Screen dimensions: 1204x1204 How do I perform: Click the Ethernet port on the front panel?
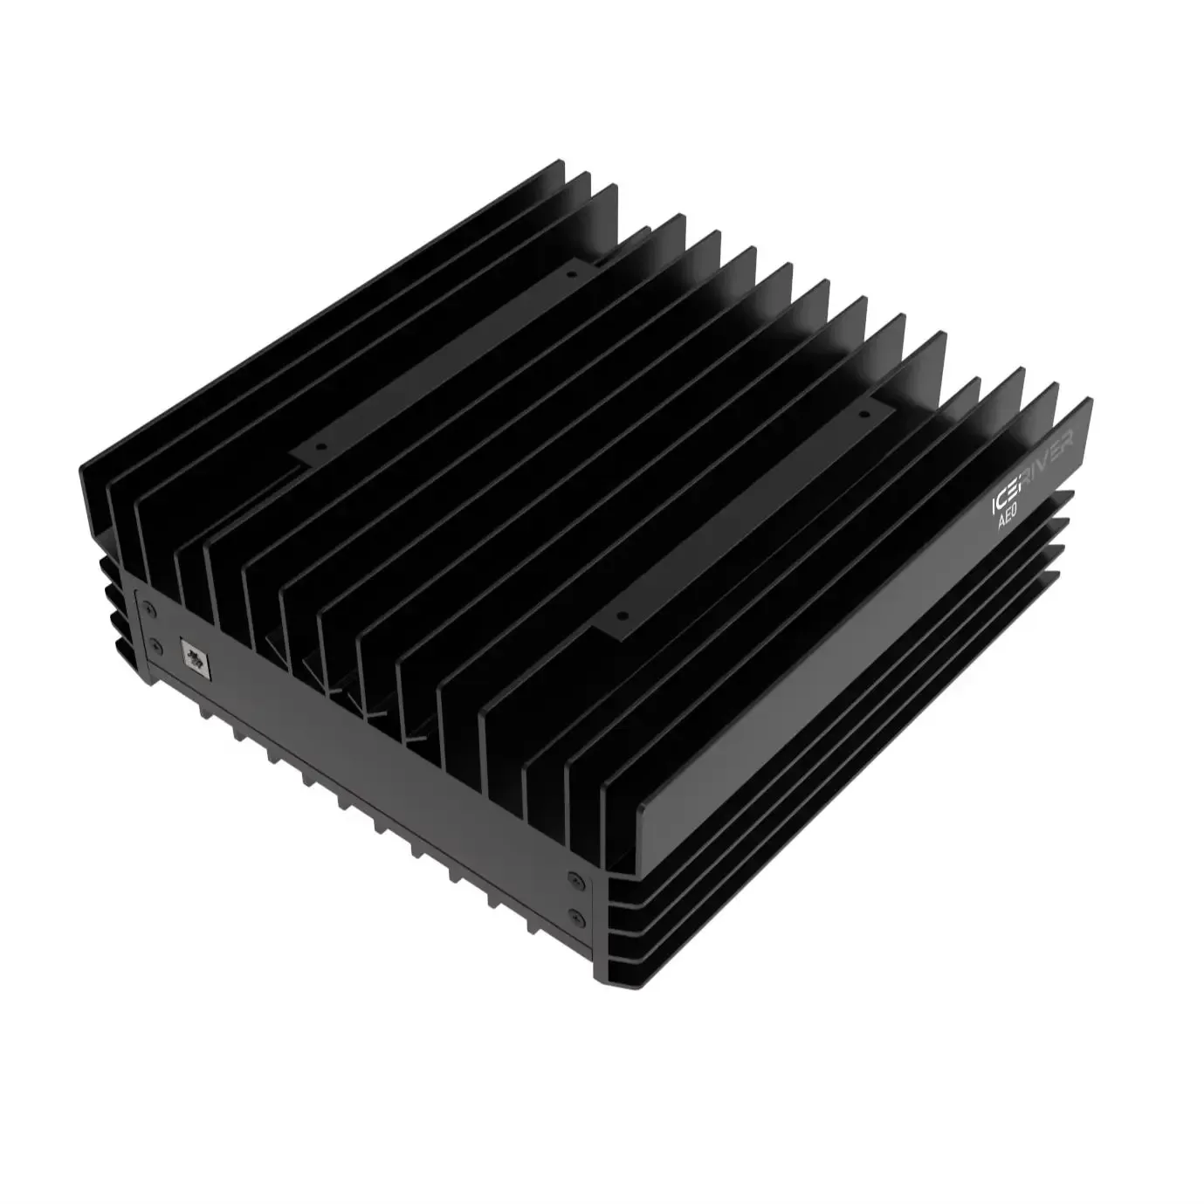pyautogui.click(x=193, y=656)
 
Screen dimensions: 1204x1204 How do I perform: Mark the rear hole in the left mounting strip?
pyautogui.click(x=570, y=273)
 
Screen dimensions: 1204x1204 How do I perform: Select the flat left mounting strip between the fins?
pyautogui.click(x=445, y=358)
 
